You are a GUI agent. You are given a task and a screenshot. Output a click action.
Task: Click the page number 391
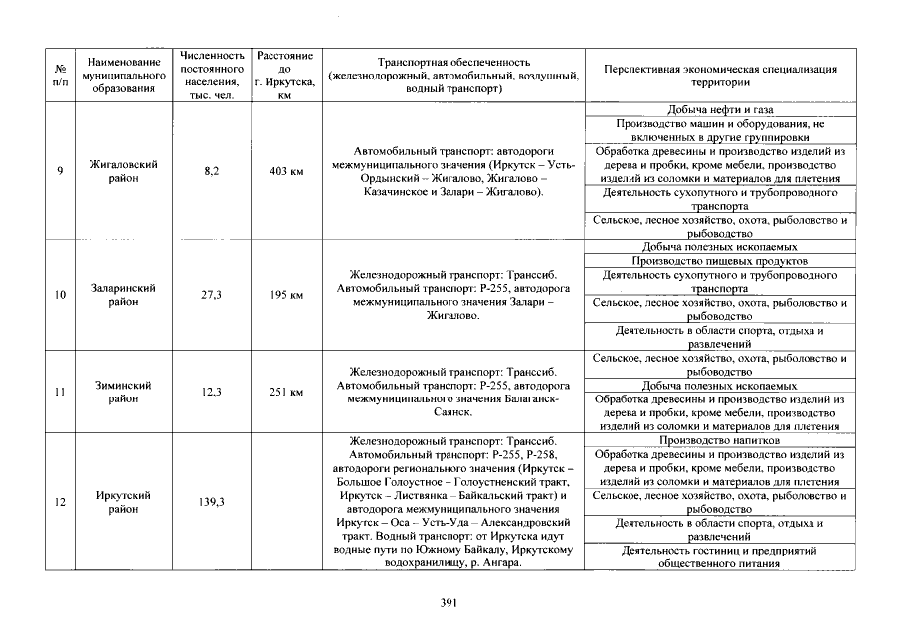point(448,602)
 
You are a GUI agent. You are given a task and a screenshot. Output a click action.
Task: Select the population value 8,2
point(211,171)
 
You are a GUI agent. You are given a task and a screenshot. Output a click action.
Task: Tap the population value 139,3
point(211,502)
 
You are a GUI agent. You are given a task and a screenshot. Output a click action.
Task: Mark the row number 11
point(60,392)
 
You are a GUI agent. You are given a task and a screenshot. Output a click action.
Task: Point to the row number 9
point(60,171)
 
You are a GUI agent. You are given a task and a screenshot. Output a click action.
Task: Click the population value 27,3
point(211,295)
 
